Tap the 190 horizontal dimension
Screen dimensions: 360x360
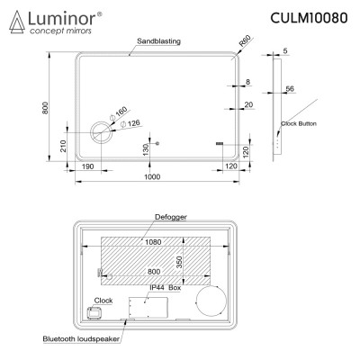pos(88,167)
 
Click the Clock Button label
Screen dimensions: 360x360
pos(299,122)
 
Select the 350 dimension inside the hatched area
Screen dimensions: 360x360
pos(179,261)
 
